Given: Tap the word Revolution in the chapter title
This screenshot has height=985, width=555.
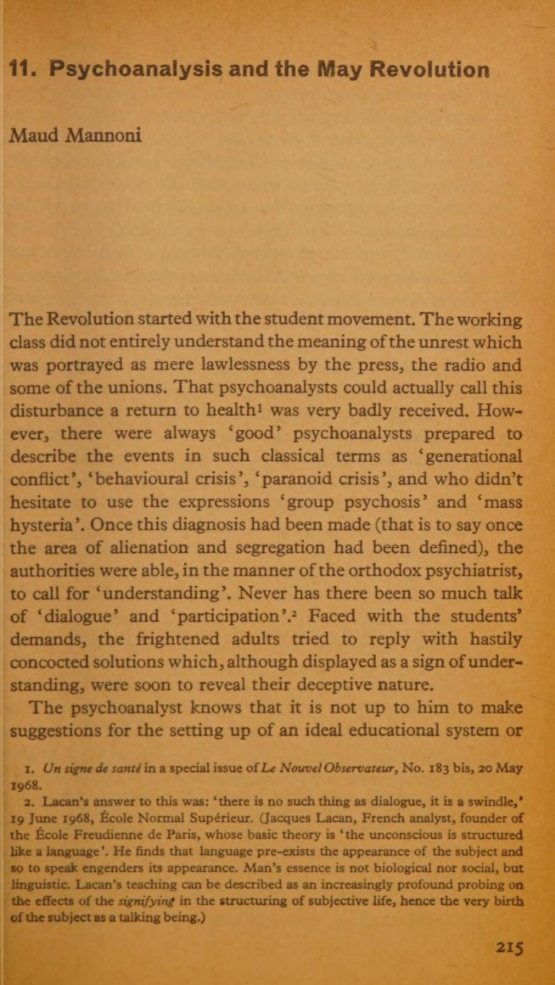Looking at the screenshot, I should coord(429,71).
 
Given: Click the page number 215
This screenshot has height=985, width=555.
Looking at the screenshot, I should coord(509,947).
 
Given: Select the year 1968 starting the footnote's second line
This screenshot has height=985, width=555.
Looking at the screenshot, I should coord(25,785).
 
